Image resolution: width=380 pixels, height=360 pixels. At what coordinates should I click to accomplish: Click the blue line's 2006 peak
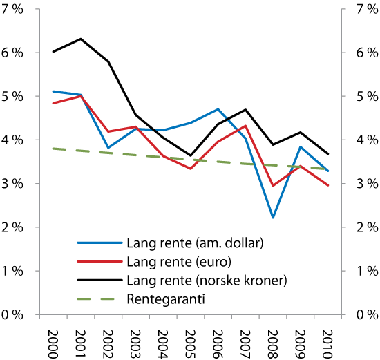(x=218, y=109)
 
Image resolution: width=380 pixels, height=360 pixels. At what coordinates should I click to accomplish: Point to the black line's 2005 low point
(x=191, y=155)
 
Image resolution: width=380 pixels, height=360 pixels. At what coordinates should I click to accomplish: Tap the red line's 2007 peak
(x=246, y=126)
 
